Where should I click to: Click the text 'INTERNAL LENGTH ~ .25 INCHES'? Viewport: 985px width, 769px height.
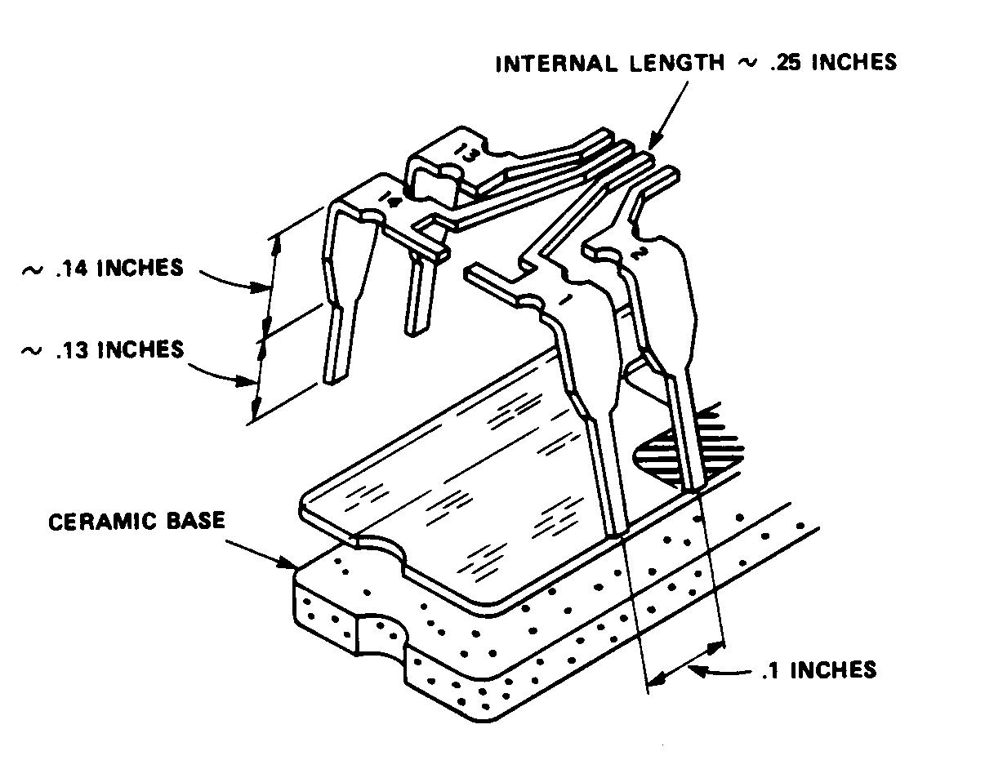coord(696,62)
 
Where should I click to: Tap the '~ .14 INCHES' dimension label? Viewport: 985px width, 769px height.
coord(102,269)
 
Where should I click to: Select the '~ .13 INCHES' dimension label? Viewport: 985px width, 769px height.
coord(102,349)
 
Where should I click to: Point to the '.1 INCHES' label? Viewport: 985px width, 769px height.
coord(818,670)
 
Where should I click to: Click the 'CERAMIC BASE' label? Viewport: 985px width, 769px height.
coord(136,520)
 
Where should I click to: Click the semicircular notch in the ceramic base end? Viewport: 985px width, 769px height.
coord(382,633)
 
